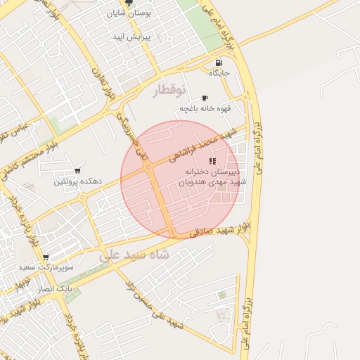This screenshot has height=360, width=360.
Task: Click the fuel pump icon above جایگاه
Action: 219,62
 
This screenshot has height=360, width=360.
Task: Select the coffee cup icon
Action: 205,98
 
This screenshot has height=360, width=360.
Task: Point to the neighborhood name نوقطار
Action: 171,90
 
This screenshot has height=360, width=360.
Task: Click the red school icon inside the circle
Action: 213,161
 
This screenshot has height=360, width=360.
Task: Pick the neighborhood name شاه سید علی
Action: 134,255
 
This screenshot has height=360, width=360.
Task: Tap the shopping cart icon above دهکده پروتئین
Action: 77,171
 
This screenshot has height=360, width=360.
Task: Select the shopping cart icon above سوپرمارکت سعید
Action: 46,258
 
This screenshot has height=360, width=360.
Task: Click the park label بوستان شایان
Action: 129,13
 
